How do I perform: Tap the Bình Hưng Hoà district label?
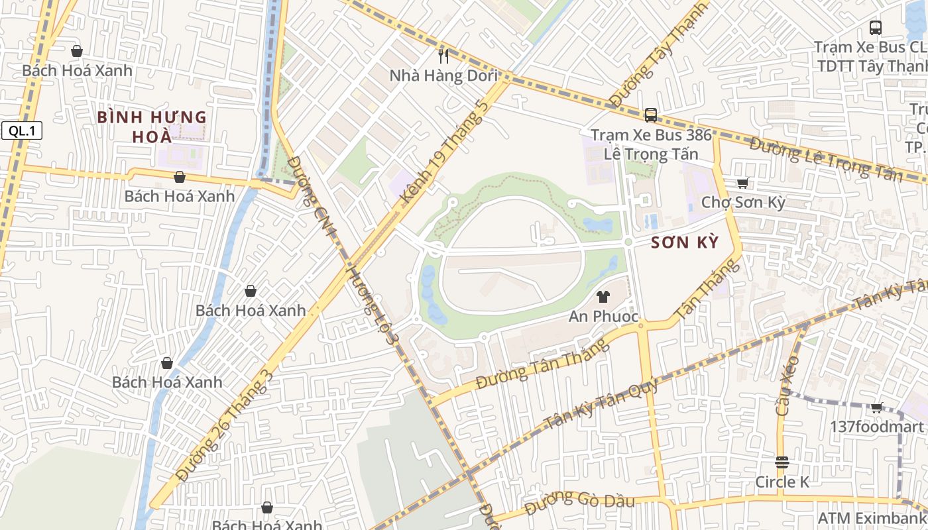coord(152,127)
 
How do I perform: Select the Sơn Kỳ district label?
coord(685,242)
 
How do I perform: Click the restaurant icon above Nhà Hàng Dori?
coord(443,56)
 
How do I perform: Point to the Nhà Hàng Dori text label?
coord(443,76)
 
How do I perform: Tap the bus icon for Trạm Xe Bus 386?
coord(651,115)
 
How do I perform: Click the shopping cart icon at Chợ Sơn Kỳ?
coord(743,183)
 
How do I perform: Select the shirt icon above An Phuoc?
coord(603,297)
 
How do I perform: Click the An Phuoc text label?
coord(603,317)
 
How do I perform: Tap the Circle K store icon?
coord(782,462)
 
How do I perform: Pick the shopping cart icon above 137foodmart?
coord(877,408)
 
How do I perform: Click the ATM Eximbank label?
coord(872,517)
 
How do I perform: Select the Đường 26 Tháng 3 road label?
coord(225,424)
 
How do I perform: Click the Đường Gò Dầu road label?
coord(579,503)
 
